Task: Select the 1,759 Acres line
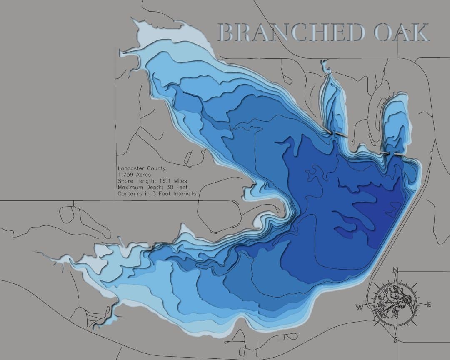[x=134, y=175]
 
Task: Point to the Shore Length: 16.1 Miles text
[x=152, y=181]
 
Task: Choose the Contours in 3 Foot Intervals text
[x=157, y=194]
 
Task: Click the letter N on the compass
[x=395, y=270]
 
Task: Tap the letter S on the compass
[x=395, y=340]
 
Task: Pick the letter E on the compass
[x=428, y=305]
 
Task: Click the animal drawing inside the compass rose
[x=394, y=305]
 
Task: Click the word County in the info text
[x=156, y=168]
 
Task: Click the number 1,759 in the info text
[x=125, y=175]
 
